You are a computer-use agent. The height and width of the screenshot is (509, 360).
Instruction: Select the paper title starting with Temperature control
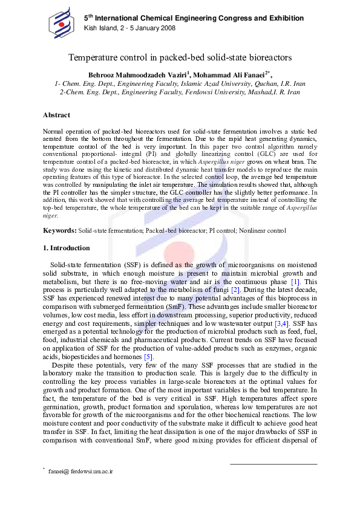point(180,57)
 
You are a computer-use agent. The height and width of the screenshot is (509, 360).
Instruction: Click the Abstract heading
point(56,115)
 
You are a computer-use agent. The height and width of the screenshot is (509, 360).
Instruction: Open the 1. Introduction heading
point(66,248)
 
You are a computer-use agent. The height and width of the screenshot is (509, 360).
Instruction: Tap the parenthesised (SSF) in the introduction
point(133,265)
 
